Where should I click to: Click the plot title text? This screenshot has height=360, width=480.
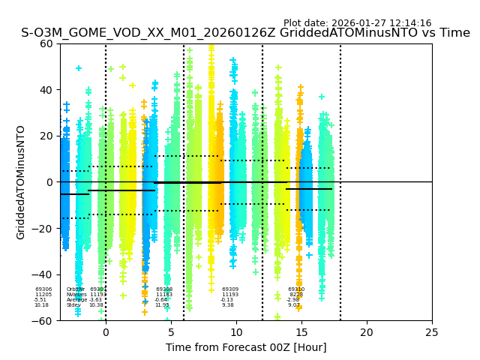245,33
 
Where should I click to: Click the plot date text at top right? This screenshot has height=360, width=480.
357,23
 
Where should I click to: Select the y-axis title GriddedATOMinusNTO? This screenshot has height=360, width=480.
21,182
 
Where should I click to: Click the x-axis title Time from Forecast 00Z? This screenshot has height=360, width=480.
246,347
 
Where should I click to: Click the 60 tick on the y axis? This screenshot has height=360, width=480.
47,43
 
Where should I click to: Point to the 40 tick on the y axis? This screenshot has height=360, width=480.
47,90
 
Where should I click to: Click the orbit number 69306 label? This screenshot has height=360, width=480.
43,289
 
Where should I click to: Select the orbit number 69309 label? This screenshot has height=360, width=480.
230,289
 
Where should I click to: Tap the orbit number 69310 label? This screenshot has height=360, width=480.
296,289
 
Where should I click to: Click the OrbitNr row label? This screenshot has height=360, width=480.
75,289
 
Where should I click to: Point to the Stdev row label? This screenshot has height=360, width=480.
73,305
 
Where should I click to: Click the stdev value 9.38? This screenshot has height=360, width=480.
228,305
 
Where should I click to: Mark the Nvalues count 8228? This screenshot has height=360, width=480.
296,295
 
